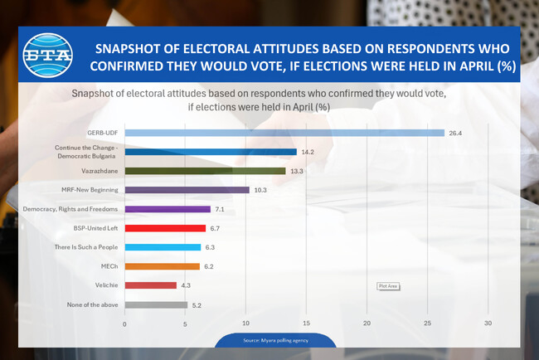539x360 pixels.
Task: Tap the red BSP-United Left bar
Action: [165, 228]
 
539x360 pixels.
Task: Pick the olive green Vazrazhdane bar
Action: [205, 171]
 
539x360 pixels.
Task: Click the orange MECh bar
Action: [162, 266]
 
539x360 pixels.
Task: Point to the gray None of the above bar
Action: [156, 304]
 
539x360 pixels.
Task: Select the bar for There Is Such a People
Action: [163, 247]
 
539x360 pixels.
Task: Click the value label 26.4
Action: [454, 133]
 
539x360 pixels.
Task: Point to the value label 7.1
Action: [221, 209]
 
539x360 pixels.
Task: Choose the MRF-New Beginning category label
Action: [90, 190]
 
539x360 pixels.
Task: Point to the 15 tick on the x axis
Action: [307, 324]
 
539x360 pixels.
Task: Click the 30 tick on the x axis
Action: [488, 324]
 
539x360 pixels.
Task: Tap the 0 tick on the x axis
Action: [124, 324]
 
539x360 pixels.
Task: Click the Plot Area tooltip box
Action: [389, 286]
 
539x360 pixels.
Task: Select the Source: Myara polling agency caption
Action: [275, 341]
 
